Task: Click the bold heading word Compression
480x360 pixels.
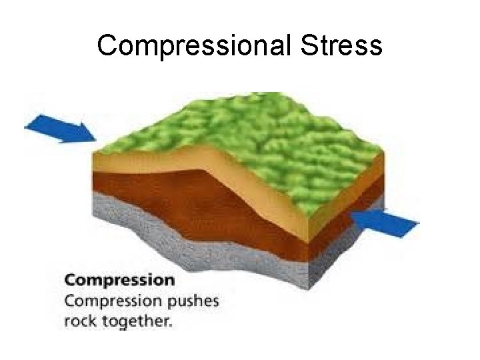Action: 120,279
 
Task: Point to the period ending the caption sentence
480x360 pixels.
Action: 171,325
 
